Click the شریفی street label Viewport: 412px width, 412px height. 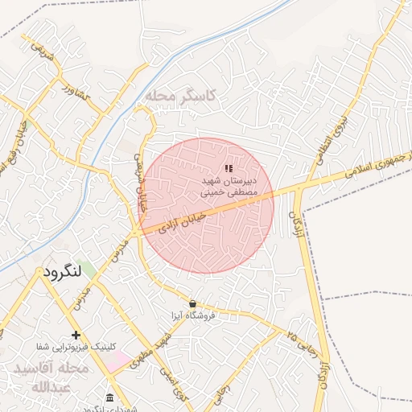coord(43,53)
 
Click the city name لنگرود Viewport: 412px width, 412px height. coord(60,274)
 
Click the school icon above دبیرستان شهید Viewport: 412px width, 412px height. coord(229,168)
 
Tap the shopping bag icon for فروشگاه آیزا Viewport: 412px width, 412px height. coord(192,303)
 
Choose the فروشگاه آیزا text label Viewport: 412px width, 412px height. coord(192,315)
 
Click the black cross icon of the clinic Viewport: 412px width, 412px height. coord(76,335)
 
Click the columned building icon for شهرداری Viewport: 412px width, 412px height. coord(110,398)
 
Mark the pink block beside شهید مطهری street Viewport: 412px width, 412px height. coord(117,360)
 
